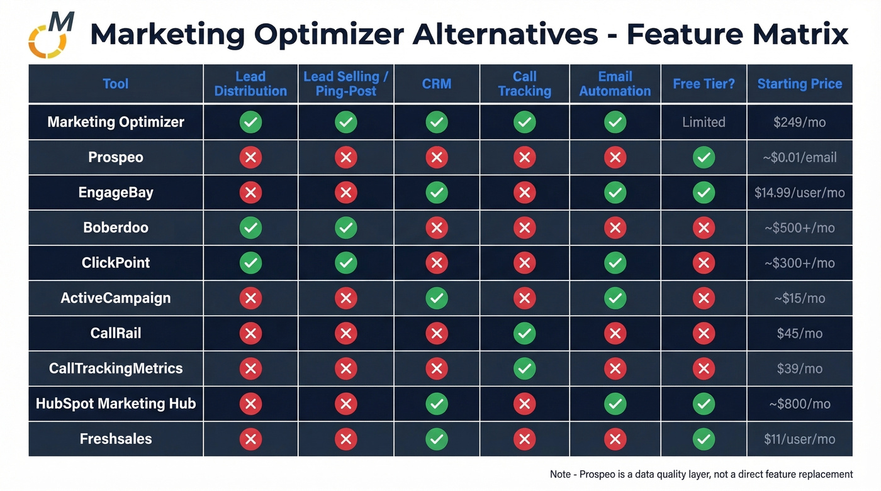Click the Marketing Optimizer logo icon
click(x=51, y=35)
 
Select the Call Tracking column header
click(x=524, y=84)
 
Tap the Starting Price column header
click(x=799, y=84)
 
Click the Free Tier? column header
click(x=704, y=84)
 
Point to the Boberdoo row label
click(x=116, y=228)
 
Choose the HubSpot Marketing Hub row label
click(x=116, y=404)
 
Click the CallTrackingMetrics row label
click(x=116, y=368)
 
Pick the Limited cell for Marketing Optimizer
click(x=704, y=122)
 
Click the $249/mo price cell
click(x=799, y=122)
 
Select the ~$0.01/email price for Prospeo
click(x=799, y=157)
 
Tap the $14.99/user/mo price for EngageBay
click(x=799, y=192)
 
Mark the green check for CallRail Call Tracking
click(x=524, y=333)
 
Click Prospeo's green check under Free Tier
click(x=704, y=157)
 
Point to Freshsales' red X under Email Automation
click(x=615, y=439)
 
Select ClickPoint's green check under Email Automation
click(x=615, y=263)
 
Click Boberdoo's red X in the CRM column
click(x=437, y=228)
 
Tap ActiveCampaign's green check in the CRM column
click(x=437, y=298)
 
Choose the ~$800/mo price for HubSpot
click(x=799, y=404)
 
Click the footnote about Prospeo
click(x=701, y=474)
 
